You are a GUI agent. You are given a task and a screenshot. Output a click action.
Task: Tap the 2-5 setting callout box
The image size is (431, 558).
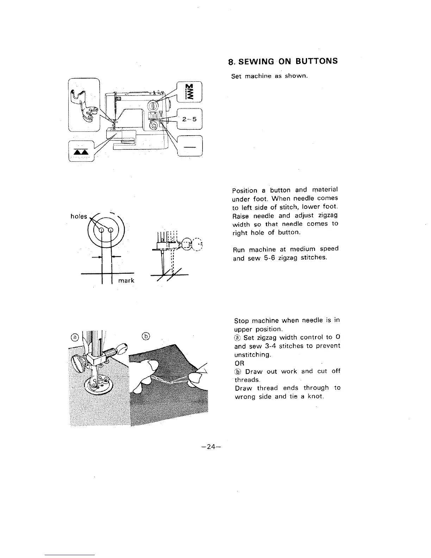[190, 119]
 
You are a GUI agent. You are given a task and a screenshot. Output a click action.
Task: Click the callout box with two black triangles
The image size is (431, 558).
[81, 151]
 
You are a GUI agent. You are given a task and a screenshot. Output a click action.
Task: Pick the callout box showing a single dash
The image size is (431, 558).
[190, 145]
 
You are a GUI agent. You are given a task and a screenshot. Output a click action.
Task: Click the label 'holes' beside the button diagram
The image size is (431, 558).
[79, 216]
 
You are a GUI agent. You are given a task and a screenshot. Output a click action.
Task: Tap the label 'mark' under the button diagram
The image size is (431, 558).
[126, 281]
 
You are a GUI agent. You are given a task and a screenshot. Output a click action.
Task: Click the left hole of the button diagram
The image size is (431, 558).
[101, 230]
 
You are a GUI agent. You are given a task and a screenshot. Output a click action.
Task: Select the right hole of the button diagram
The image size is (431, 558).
[111, 230]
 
